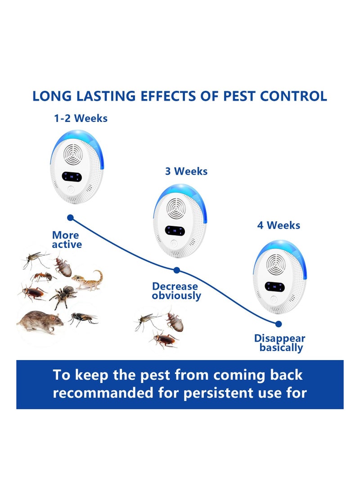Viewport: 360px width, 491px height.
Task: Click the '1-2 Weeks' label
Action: (x=81, y=118)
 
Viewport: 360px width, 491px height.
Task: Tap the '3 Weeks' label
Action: (x=186, y=171)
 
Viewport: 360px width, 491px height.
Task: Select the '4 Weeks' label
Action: (x=279, y=225)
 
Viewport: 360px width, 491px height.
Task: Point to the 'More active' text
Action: (x=66, y=240)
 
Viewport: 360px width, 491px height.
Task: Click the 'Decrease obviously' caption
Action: (x=175, y=291)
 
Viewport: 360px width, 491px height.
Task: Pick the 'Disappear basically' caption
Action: (x=280, y=343)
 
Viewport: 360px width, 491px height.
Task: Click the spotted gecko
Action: (x=89, y=280)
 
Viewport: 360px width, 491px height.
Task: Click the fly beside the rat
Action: (x=84, y=319)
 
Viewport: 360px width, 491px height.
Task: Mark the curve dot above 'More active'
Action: (x=70, y=217)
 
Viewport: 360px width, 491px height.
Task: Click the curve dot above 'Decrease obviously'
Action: (x=176, y=270)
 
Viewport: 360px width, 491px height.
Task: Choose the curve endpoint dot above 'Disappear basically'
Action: (x=278, y=323)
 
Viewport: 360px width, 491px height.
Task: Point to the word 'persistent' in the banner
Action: (x=227, y=392)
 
